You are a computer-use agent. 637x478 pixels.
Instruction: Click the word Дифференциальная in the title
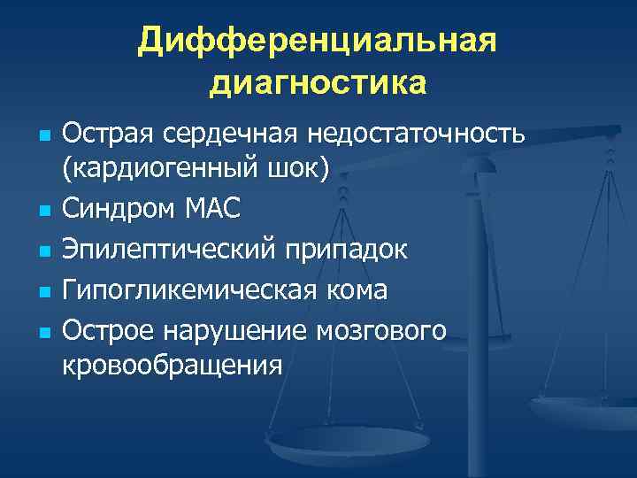point(318,42)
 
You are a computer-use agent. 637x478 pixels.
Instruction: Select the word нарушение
point(235,331)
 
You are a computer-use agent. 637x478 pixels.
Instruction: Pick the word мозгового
point(388,331)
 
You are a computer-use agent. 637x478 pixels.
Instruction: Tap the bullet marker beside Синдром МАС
point(42,211)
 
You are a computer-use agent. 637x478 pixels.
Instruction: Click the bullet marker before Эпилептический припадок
point(42,251)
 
